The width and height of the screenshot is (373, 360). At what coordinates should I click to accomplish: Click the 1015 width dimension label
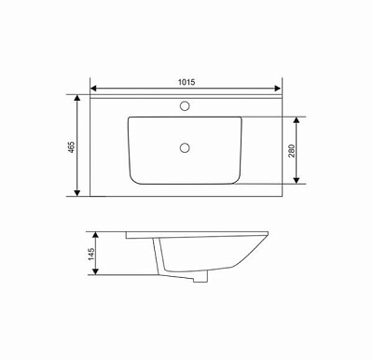point(186,82)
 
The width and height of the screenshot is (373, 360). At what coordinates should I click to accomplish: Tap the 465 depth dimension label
point(72,146)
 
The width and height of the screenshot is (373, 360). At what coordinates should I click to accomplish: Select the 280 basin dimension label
point(291,151)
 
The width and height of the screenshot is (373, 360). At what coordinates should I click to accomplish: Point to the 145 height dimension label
point(91,254)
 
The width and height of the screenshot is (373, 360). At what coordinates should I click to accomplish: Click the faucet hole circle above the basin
point(185,105)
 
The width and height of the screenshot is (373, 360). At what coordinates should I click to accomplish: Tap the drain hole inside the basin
point(185,147)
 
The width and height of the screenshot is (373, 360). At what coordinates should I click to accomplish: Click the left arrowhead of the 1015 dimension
point(93,89)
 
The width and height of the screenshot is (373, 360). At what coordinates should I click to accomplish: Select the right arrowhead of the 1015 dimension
point(278,89)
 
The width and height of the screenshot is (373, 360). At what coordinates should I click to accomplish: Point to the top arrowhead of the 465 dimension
point(77,98)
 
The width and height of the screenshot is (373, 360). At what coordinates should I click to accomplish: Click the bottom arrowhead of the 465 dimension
point(77,193)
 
